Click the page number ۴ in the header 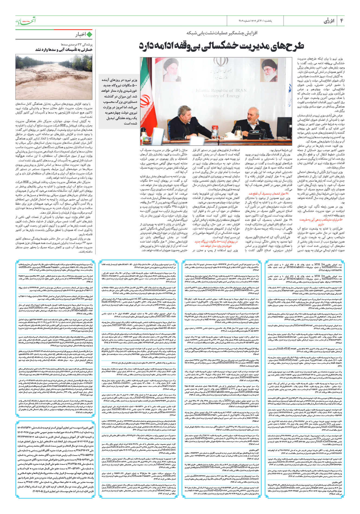click(341, 21)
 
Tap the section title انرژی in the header click(329, 21)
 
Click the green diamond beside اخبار click(89, 35)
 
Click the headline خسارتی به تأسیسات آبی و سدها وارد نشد click(64, 50)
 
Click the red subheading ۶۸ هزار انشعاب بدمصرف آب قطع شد click(268, 194)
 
